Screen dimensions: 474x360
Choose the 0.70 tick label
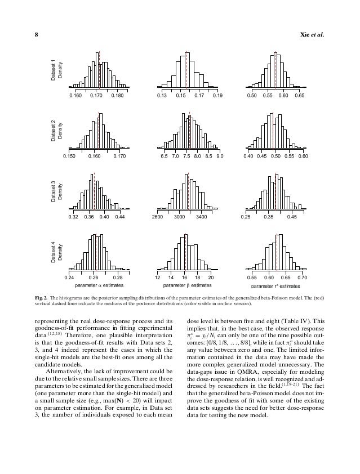coord(302,278)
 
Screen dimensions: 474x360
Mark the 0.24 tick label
coord(69,278)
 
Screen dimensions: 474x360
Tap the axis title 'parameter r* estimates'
coord(277,286)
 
